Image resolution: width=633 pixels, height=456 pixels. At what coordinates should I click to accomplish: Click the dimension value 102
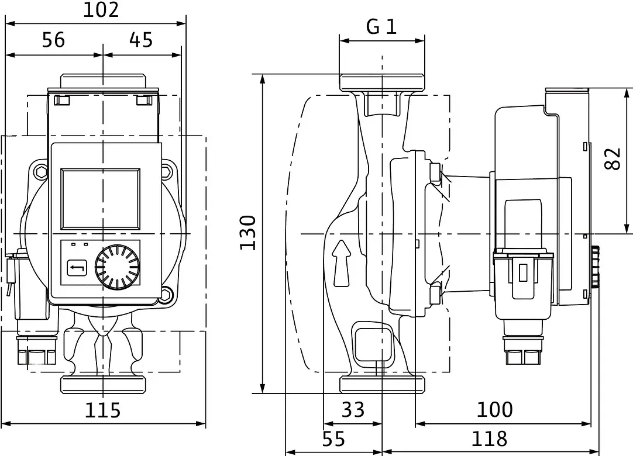click(x=101, y=10)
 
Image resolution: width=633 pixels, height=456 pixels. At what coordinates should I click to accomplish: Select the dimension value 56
click(x=53, y=40)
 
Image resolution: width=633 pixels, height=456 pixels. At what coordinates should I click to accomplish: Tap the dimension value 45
click(x=141, y=40)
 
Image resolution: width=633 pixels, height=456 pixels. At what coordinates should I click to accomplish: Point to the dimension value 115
click(x=102, y=410)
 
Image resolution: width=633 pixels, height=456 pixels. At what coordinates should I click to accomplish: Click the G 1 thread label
click(x=381, y=27)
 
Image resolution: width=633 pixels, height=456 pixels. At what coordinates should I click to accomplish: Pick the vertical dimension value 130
click(x=248, y=233)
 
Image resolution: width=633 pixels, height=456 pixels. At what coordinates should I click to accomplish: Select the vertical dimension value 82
click(x=613, y=159)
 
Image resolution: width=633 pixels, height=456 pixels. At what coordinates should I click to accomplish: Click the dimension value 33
click(x=353, y=410)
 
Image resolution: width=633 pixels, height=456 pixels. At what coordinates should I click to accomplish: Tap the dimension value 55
click(x=334, y=439)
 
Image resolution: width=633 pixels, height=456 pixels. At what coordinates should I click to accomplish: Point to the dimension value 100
click(x=495, y=410)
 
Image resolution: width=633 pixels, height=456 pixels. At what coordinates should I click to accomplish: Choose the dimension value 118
click(x=489, y=439)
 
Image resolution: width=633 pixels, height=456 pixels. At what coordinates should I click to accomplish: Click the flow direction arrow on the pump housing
click(x=342, y=264)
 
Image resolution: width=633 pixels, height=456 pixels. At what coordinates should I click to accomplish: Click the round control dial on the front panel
click(x=118, y=267)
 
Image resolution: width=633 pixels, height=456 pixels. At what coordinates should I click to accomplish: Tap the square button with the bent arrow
click(x=77, y=267)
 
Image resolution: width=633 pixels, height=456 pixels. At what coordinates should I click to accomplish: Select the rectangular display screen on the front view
click(x=101, y=199)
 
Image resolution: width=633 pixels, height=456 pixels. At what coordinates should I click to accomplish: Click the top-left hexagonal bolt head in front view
click(x=41, y=171)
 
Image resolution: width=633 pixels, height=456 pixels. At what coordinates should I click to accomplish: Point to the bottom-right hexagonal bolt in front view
click(x=167, y=293)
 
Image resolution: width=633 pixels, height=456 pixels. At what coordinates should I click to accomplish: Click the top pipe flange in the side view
click(x=382, y=82)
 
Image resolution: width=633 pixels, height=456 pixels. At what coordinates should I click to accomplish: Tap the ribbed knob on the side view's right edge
click(x=596, y=267)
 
